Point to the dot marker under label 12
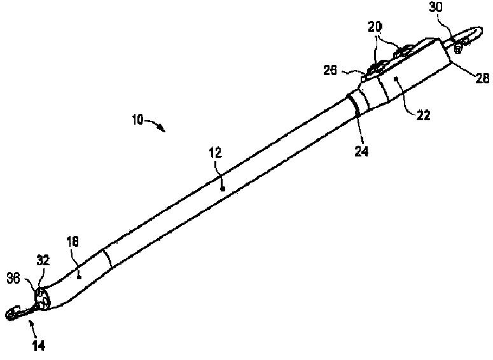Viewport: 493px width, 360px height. [222, 188]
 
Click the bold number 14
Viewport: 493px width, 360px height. [39, 346]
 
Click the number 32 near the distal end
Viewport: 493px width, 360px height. [43, 261]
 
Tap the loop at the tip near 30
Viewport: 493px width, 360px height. [471, 35]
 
